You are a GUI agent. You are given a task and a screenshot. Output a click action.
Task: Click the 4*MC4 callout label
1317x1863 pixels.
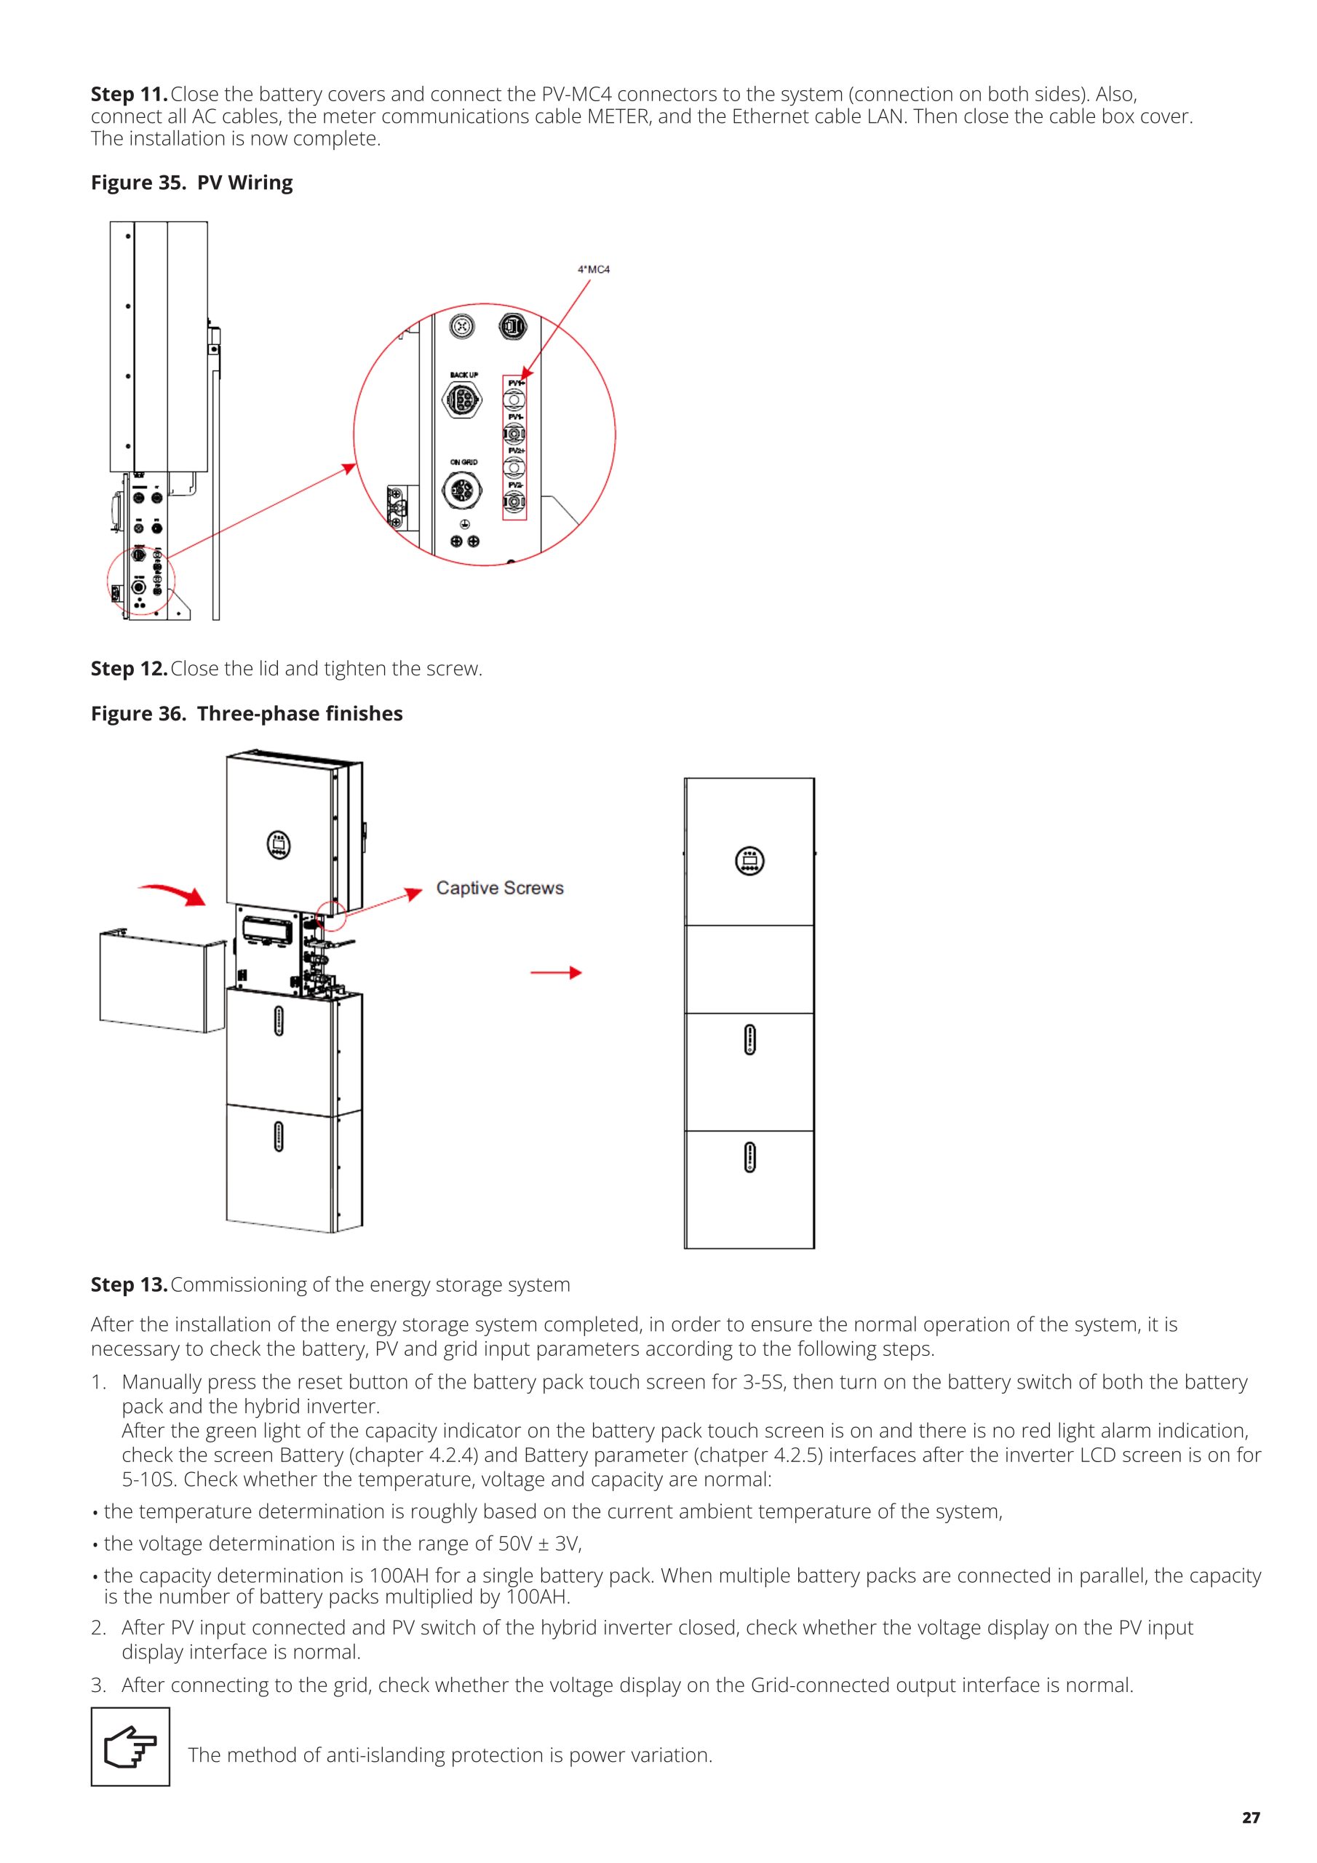click(x=593, y=269)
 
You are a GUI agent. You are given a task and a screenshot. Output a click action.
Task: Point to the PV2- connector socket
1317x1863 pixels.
click(x=514, y=503)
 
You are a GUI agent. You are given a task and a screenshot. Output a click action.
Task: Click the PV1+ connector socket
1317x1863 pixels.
click(x=514, y=400)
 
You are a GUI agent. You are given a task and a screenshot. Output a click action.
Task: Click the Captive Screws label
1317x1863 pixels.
click(x=500, y=888)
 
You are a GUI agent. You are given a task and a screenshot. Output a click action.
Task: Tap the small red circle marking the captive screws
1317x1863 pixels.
click(x=333, y=915)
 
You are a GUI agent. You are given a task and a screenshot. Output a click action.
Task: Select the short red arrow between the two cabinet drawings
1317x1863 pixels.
click(x=556, y=973)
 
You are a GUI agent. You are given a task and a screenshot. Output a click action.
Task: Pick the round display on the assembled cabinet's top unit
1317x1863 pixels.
click(x=749, y=860)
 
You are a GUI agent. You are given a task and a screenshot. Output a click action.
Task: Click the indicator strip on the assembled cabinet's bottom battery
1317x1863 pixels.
click(x=749, y=1156)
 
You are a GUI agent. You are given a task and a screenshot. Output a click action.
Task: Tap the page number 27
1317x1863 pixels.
click(x=1251, y=1818)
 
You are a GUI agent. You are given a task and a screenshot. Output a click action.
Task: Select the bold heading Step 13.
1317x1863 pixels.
click(x=129, y=1284)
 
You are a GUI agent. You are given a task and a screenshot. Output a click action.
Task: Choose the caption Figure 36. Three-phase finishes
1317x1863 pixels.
click(x=247, y=713)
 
